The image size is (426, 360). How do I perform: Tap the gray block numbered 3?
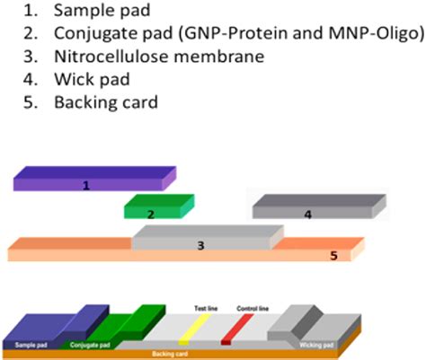(x=201, y=243)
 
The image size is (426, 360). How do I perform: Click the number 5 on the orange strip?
(x=333, y=256)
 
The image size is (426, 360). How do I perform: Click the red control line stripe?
(x=232, y=329)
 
